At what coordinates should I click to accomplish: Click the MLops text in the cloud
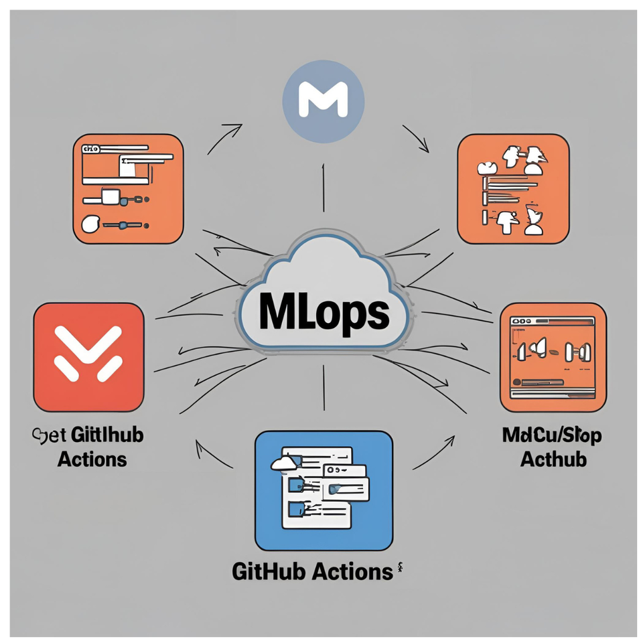[x=323, y=310]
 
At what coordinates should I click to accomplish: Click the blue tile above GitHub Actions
[x=324, y=490]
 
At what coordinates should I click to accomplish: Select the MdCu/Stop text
[x=552, y=435]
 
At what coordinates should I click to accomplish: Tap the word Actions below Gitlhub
[x=92, y=459]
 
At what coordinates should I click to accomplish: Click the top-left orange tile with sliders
[x=127, y=189]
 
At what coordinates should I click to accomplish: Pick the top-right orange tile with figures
[x=512, y=188]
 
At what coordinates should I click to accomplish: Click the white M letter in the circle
[x=324, y=101]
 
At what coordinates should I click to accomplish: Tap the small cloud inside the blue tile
[x=284, y=462]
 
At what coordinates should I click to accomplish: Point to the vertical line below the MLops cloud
[x=324, y=388]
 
